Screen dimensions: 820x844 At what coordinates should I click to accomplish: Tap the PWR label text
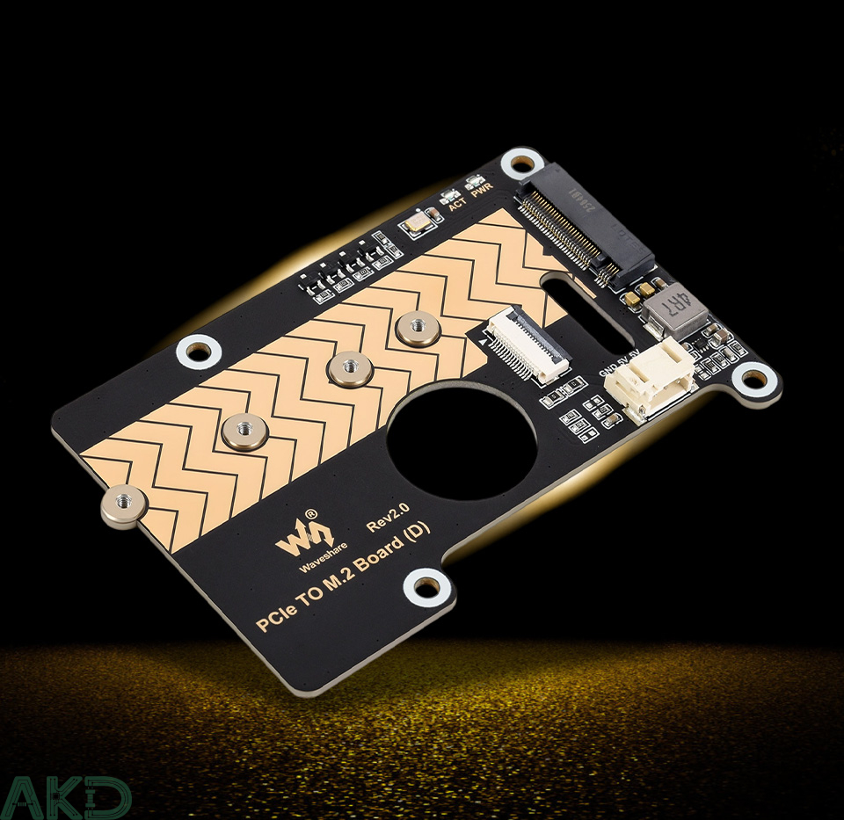[481, 195]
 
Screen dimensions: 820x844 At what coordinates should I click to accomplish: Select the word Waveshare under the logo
[301, 561]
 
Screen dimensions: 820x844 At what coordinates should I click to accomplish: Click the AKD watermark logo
[65, 797]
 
